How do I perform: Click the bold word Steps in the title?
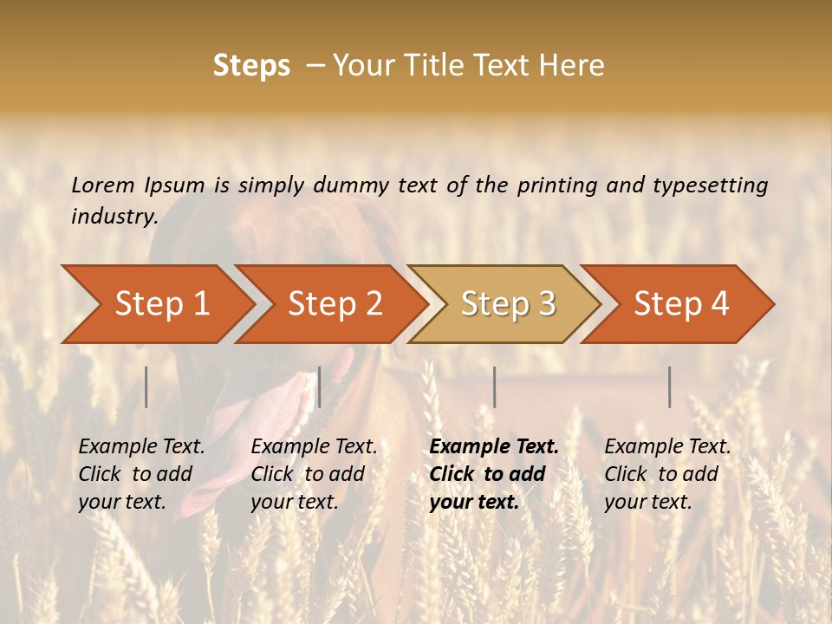click(x=251, y=66)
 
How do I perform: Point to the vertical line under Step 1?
click(x=146, y=387)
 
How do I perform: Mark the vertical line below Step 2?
click(x=320, y=387)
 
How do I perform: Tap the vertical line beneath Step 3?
click(x=495, y=387)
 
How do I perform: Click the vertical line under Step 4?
click(x=670, y=387)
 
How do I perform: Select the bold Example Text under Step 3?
click(x=494, y=473)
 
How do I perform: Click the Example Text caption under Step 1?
click(x=141, y=473)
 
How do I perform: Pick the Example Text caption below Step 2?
click(x=314, y=473)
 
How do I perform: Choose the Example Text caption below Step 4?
click(x=667, y=473)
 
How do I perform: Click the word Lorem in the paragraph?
click(x=103, y=185)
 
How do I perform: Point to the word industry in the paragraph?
click(x=114, y=217)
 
